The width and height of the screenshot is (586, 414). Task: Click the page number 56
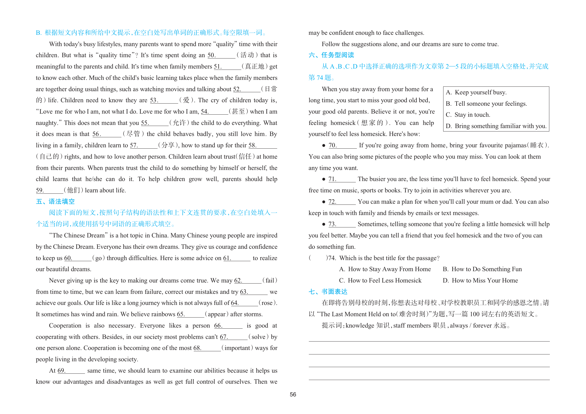293,394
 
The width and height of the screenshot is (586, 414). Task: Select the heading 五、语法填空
55,202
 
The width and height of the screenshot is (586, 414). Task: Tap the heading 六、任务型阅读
331,55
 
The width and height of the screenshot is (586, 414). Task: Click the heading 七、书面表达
328,292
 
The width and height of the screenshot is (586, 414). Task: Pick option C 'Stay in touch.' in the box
468,115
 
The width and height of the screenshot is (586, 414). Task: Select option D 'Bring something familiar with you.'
496,126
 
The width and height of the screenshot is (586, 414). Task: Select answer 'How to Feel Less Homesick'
380,281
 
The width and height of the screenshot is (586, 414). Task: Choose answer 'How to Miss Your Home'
480,281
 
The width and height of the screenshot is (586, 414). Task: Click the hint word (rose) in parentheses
267,303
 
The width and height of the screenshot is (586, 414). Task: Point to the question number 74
332,258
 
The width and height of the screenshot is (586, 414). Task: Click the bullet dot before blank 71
323,179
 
